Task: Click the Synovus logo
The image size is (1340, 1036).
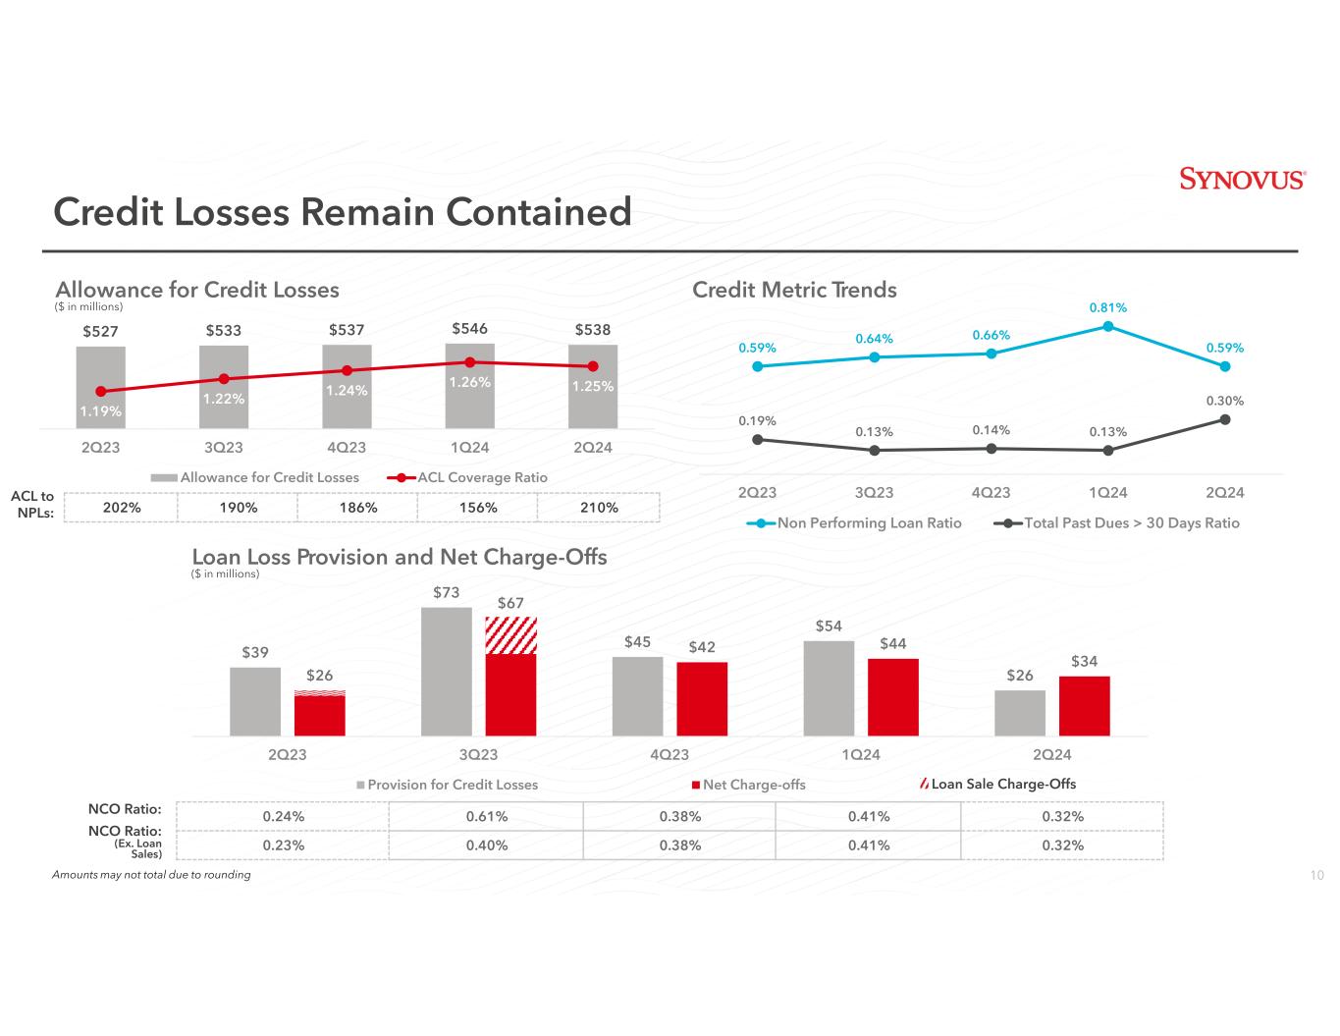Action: (1241, 180)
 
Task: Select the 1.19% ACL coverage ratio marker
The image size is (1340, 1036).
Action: (101, 391)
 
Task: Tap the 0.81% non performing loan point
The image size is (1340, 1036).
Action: (1107, 327)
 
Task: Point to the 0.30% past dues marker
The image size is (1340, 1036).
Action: (1225, 419)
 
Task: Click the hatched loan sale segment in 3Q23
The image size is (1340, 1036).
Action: (510, 635)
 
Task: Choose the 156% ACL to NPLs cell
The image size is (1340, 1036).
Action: (477, 508)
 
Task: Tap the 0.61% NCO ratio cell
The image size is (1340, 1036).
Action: (486, 817)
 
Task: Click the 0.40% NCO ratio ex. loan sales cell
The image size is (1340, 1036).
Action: (486, 845)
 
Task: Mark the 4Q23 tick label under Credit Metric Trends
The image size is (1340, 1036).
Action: (991, 493)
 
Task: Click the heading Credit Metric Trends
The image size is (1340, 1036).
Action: (794, 290)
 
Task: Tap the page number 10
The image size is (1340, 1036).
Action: (1317, 876)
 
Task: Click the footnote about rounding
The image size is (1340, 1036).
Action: (151, 875)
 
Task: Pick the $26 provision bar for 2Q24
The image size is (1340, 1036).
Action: (1020, 712)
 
